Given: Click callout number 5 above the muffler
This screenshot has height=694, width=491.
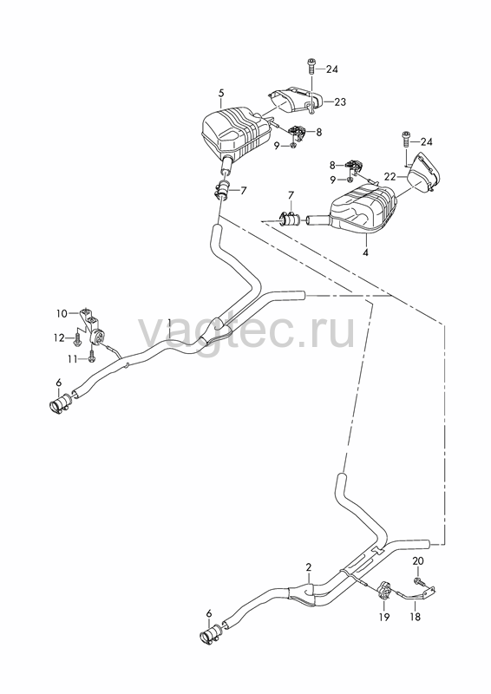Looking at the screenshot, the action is pos(221,93).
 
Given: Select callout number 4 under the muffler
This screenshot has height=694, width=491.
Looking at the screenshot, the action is pos(366,252).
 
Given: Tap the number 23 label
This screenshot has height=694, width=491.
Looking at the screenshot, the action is pos(340,101).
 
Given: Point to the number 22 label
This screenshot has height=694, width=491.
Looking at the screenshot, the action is pos(390,177).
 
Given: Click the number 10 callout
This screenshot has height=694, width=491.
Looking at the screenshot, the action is pos(62,314).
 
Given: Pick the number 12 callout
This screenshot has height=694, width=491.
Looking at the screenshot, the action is pos(59,338).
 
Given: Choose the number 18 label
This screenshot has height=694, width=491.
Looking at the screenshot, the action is pos(416,617).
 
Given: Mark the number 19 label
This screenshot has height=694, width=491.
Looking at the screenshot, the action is pos(384,617).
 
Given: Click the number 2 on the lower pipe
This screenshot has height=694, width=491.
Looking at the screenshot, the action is pos(309,567).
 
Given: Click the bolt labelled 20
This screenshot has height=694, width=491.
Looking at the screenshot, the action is pos(417,580).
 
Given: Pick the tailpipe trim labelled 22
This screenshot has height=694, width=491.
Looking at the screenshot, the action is pos(423,173).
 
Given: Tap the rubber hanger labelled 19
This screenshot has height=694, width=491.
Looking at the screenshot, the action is pos(383,590).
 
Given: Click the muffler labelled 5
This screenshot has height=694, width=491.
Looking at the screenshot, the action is pos(236,132).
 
